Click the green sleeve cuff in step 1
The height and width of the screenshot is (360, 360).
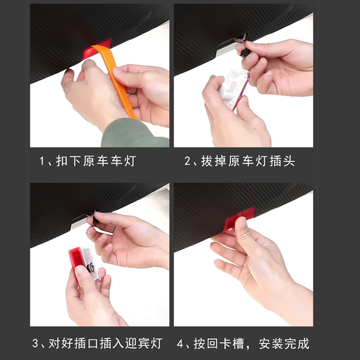pyautogui.click(x=135, y=133)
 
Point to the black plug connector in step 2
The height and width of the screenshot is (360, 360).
pyautogui.click(x=245, y=52)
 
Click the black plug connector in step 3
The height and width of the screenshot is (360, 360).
pyautogui.click(x=95, y=221)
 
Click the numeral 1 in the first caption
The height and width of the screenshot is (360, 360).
pyautogui.click(x=41, y=161)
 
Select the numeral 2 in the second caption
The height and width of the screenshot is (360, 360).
pyautogui.click(x=187, y=161)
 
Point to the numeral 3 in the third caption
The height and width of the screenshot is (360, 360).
pyautogui.click(x=35, y=343)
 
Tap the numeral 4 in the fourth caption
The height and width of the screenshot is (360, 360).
pyautogui.click(x=180, y=344)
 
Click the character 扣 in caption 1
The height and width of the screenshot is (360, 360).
pyautogui.click(x=62, y=161)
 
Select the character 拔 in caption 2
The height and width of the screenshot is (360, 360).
pyautogui.click(x=207, y=161)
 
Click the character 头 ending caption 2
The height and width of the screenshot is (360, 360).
pyautogui.click(x=289, y=161)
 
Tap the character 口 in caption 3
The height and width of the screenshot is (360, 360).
pyautogui.click(x=93, y=343)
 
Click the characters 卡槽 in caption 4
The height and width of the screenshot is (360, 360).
pyautogui.click(x=231, y=344)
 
